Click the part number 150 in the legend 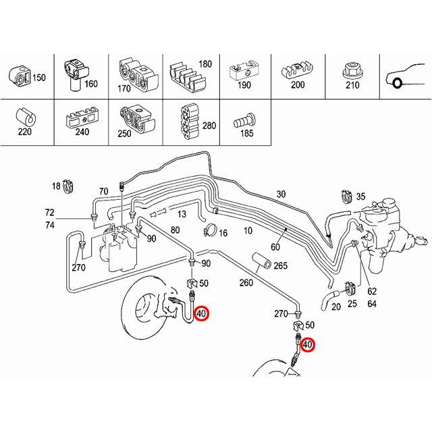coord(38,78)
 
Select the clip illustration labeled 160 coord(74,73)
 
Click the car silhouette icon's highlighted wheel coord(398,84)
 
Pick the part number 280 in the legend coord(209,126)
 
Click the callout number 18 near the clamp coord(56,185)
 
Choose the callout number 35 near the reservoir coord(360,196)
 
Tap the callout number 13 coord(182,214)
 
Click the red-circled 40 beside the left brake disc coord(202,314)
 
